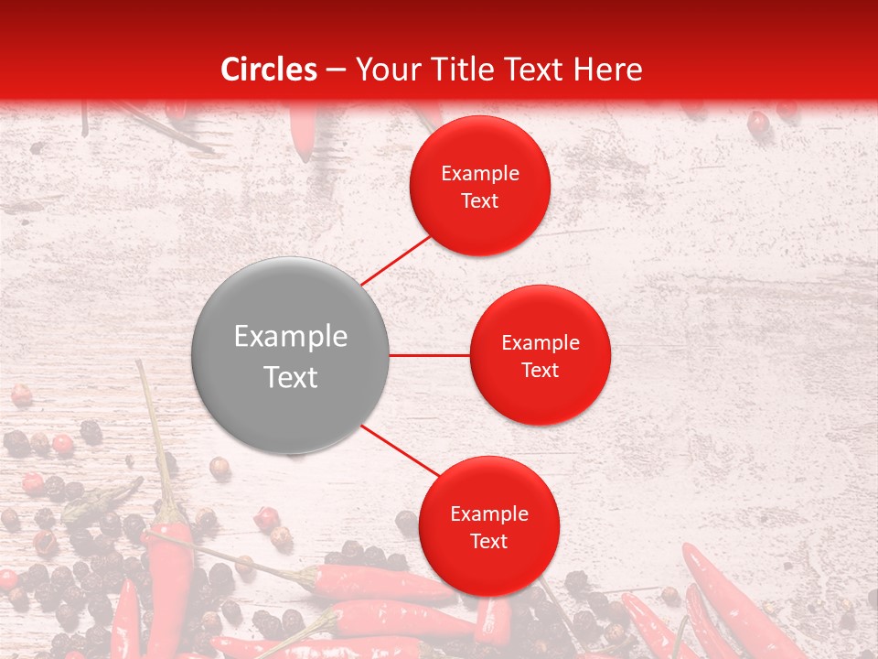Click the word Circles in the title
coord(269,70)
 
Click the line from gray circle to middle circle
coord(430,355)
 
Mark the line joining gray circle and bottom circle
coord(400,451)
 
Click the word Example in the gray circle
coord(291,337)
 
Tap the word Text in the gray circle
coord(291,376)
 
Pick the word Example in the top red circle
coord(480,174)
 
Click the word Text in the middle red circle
coord(540,371)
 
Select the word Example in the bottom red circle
coord(489,514)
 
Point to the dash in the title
coord(335,70)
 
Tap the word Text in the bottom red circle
coord(489,542)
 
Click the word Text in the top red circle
coord(480,201)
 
